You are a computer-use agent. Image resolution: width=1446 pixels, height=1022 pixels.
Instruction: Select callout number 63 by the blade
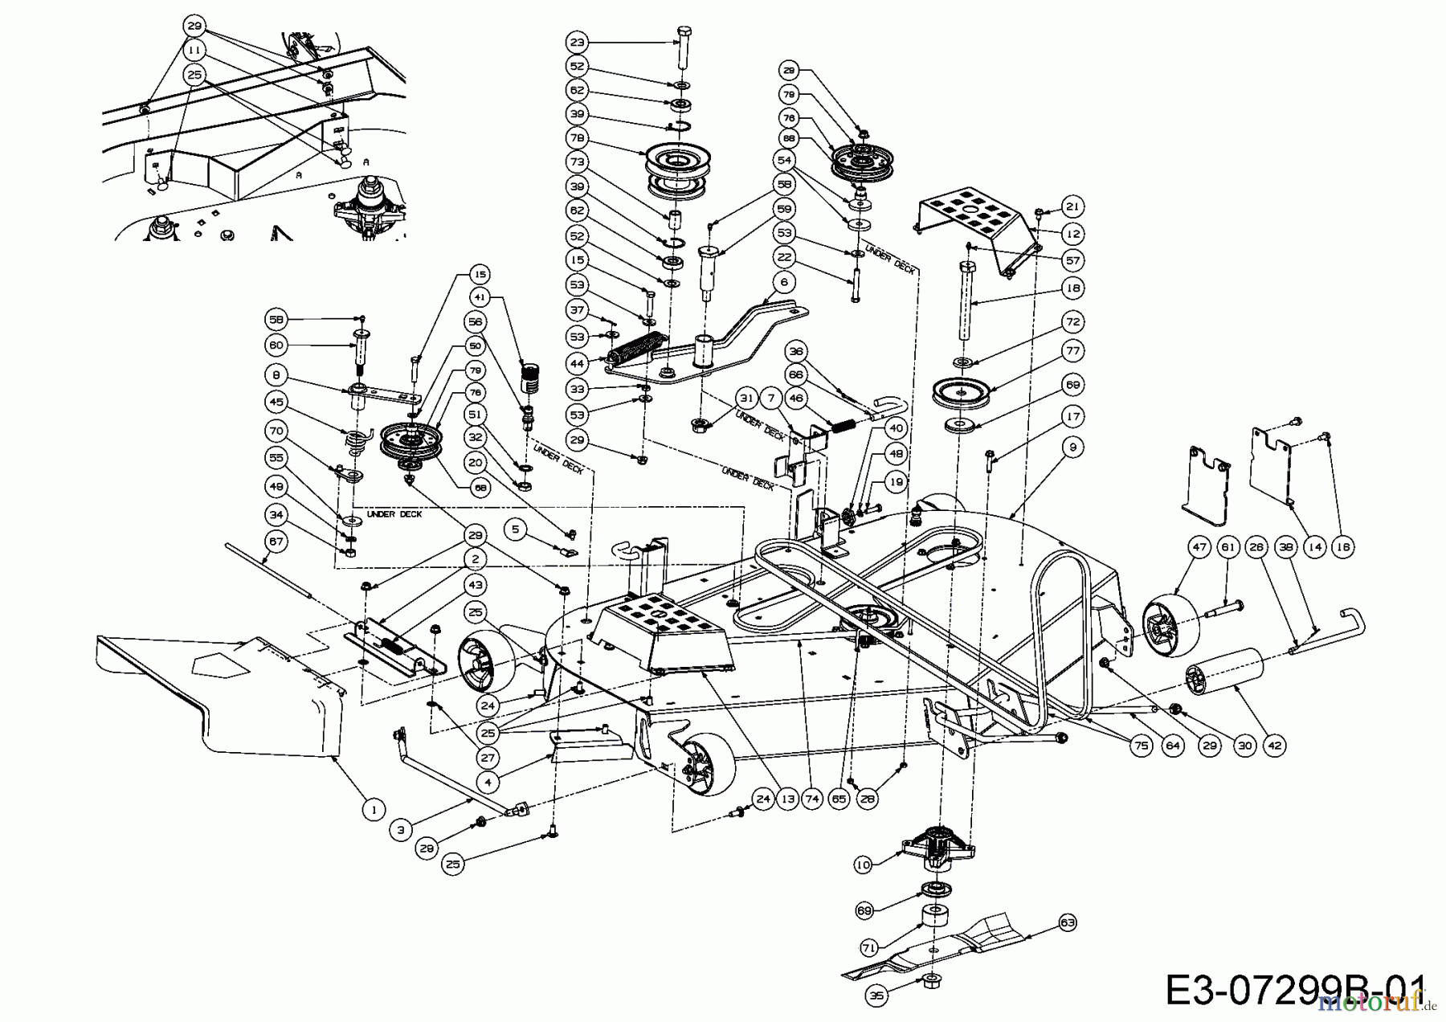pos(1068,923)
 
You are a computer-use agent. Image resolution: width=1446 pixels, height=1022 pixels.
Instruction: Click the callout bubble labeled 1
pos(374,810)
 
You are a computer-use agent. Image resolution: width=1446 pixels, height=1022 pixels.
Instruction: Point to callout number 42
pos(1275,746)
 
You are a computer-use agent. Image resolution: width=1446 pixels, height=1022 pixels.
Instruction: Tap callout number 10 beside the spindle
pos(864,865)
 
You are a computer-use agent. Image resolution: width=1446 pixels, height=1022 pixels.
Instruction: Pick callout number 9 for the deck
pos(1073,447)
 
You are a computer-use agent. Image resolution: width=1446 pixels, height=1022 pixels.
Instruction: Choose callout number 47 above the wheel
pos(1199,547)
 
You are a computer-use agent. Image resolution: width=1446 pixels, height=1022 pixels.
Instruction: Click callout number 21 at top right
pos(1073,206)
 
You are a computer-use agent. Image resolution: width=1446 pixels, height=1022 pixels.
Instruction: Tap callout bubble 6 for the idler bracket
pos(784,282)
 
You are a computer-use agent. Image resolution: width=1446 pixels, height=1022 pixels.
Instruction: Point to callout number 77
pos(1073,351)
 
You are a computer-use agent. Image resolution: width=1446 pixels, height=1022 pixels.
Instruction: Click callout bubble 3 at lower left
pos(401,832)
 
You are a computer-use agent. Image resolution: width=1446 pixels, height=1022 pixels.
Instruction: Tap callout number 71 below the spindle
pos(870,948)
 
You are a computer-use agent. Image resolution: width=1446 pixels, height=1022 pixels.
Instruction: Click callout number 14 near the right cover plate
pos(1314,547)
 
